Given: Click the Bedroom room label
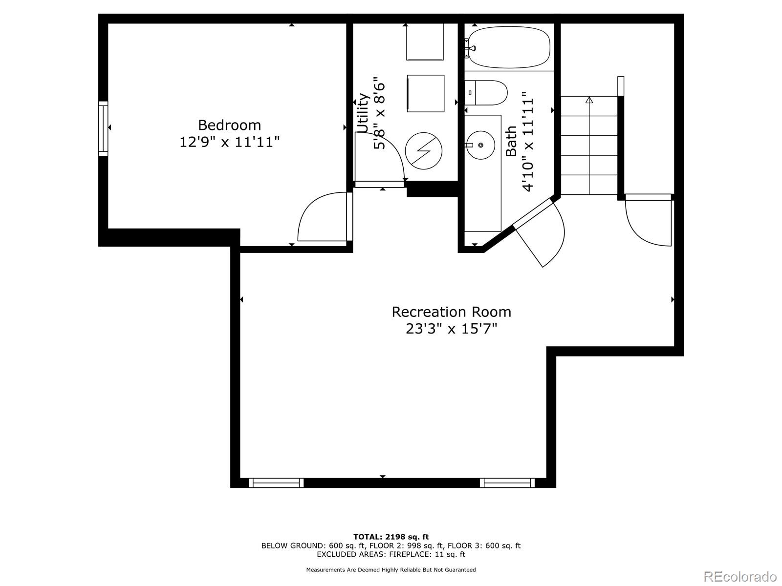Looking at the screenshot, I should pyautogui.click(x=229, y=125).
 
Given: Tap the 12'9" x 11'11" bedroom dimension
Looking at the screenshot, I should pyautogui.click(x=229, y=142).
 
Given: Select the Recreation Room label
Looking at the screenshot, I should pyautogui.click(x=451, y=312).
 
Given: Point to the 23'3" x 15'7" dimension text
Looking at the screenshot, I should pyautogui.click(x=451, y=329).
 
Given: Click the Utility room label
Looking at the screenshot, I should pyautogui.click(x=363, y=113).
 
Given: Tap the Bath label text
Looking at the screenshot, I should pyautogui.click(x=511, y=142).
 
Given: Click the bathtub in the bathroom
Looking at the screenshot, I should pyautogui.click(x=508, y=47).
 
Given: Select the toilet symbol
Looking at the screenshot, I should pyautogui.click(x=486, y=93).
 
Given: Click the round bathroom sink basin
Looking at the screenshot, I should pyautogui.click(x=481, y=145).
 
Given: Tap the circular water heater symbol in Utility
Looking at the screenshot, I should pyautogui.click(x=424, y=151).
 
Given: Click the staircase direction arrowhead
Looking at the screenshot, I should pyautogui.click(x=589, y=100).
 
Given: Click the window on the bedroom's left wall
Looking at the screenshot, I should pyautogui.click(x=103, y=128).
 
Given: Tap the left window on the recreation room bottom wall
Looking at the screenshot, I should pyautogui.click(x=276, y=482).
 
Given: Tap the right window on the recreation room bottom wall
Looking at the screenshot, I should pyautogui.click(x=507, y=482).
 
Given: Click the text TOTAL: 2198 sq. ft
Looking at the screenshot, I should pyautogui.click(x=391, y=537).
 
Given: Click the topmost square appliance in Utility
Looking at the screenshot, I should pyautogui.click(x=425, y=42).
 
